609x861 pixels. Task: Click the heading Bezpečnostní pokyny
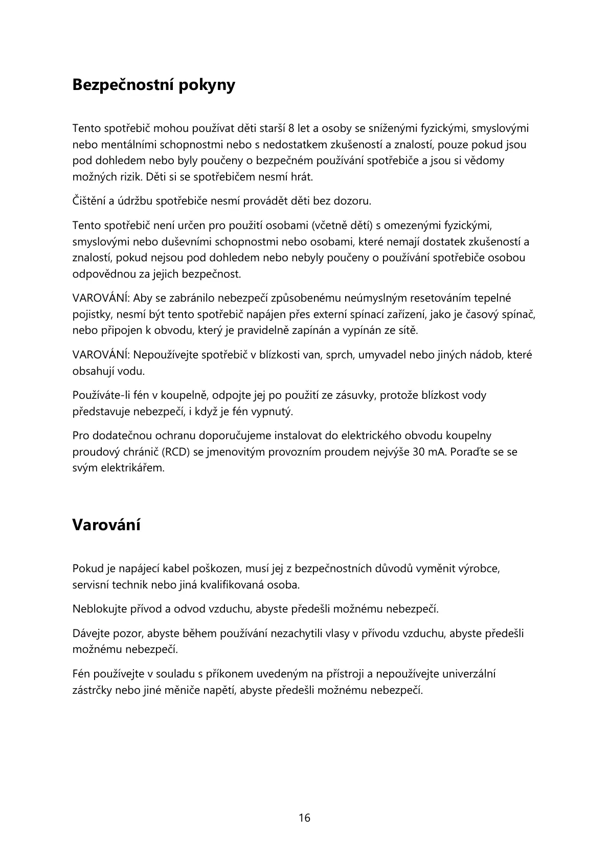pos(154,85)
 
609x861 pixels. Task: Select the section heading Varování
pos(106,525)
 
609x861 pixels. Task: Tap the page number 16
pos(304,818)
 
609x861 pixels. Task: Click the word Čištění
pos(89,201)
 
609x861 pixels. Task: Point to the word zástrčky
pos(92,690)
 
